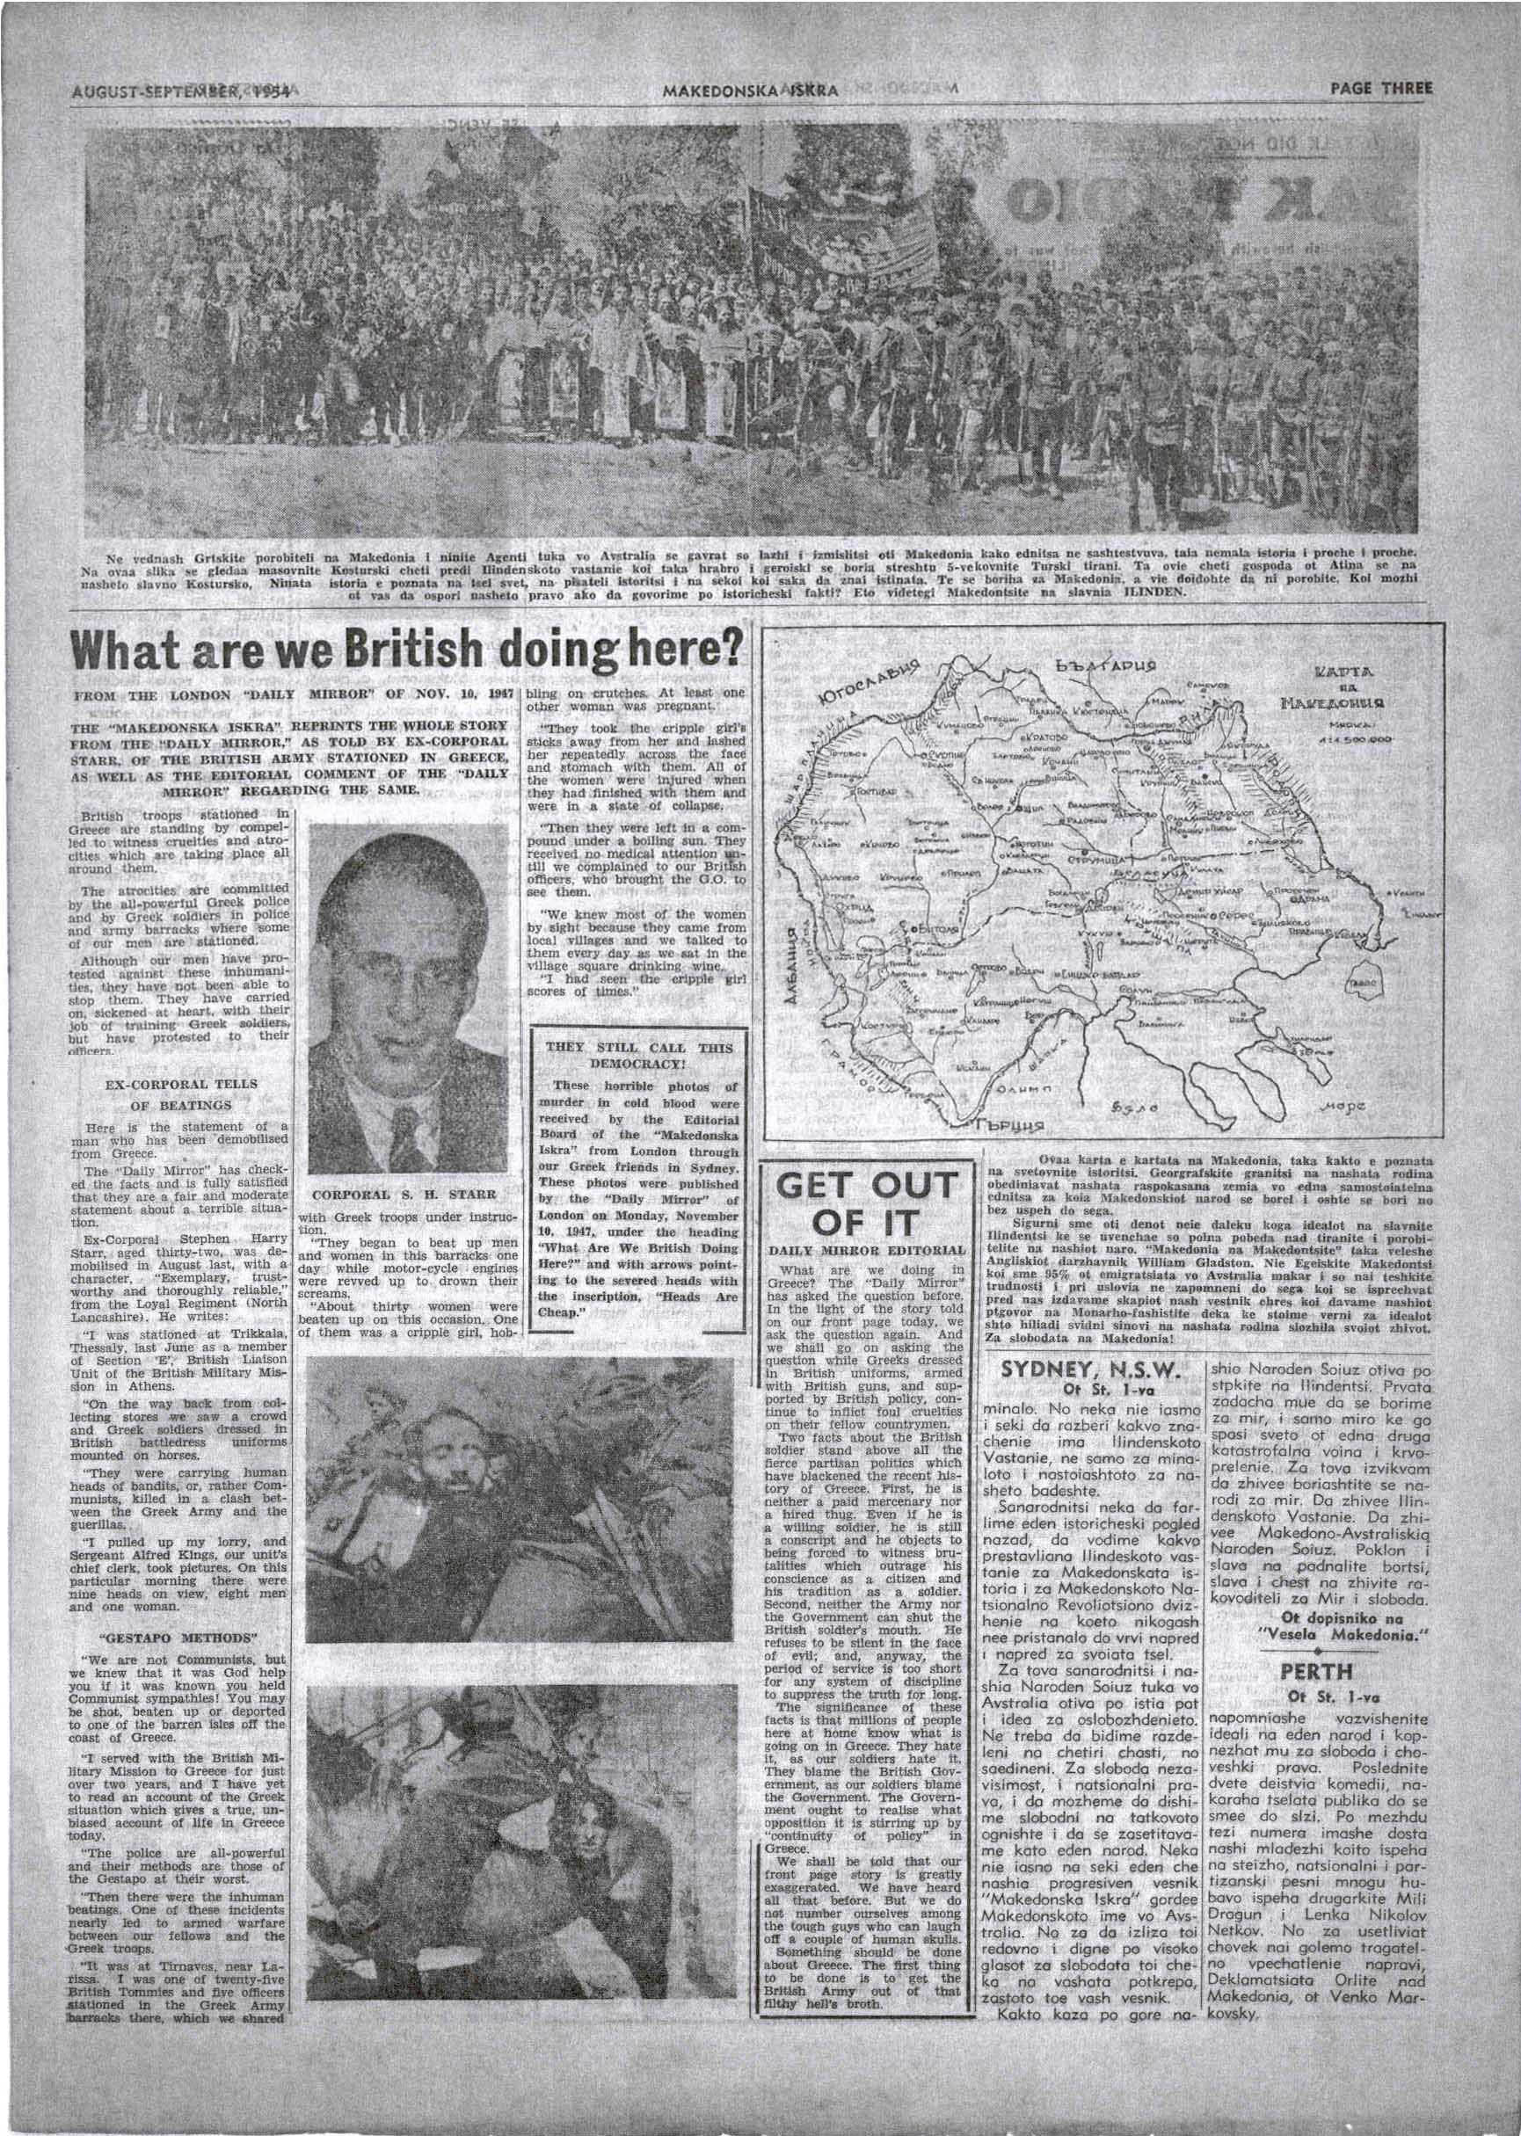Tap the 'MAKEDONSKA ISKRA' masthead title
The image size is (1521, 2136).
tap(749, 91)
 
